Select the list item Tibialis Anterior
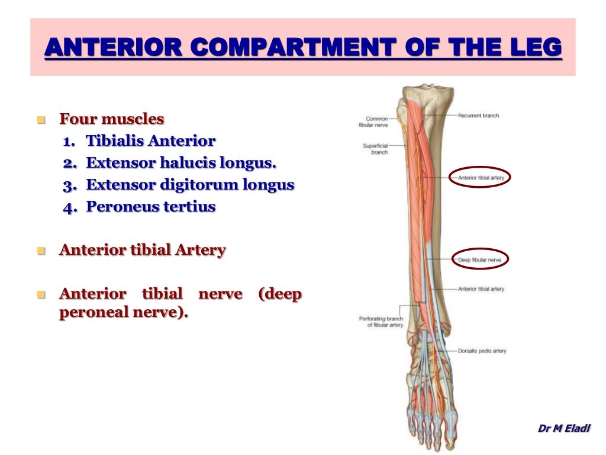151,141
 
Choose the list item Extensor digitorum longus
190,184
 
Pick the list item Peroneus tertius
151,207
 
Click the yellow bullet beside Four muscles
41,120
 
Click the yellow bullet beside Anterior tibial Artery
41,251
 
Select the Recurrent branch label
478,116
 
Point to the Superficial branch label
375,149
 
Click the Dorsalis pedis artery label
482,351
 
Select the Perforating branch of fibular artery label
381,322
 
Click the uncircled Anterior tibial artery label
481,289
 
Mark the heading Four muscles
112,119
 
